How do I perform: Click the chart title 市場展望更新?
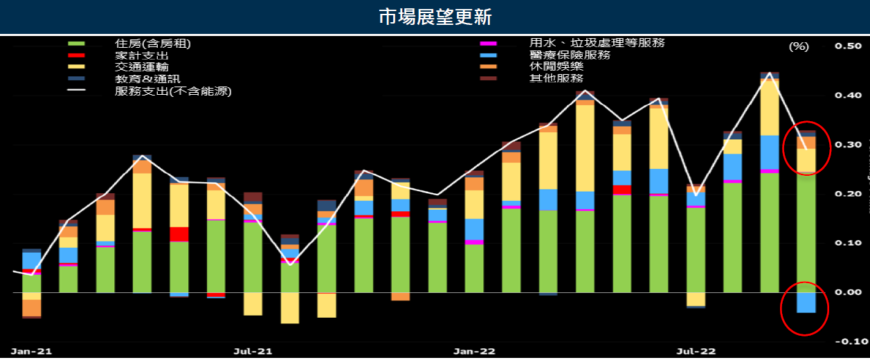coord(435,17)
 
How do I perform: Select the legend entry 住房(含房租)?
coord(153,44)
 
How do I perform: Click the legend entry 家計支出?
coord(141,55)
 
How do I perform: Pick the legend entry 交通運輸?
coord(141,67)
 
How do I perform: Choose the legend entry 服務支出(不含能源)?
coord(173,91)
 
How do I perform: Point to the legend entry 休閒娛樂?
coord(556,66)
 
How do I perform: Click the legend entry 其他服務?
coord(556,78)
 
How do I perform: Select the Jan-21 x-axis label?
coord(31,351)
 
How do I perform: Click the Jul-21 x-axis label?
coord(252,351)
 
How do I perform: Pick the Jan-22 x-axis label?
coord(475,351)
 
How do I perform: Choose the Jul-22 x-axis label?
coord(696,351)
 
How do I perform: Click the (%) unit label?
coord(798,46)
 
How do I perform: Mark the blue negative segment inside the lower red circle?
coord(806,303)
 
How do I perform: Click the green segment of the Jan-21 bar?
coord(32,284)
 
